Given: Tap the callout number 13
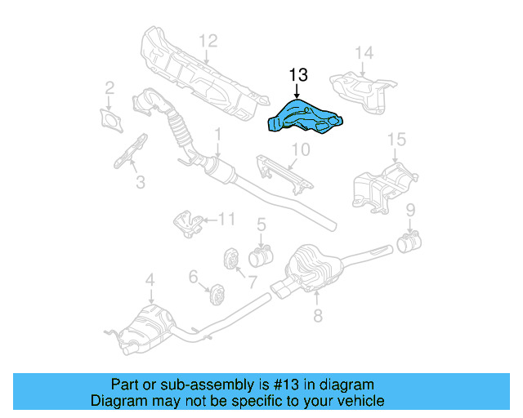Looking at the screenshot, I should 297,76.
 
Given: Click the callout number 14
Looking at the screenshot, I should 363,55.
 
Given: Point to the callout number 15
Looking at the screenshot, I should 396,140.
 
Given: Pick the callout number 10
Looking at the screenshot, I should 301,149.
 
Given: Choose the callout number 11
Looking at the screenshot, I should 226,218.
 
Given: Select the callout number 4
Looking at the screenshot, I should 150,282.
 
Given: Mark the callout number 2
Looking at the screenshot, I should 110,88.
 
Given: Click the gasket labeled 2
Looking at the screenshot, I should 110,118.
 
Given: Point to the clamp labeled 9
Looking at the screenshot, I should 409,242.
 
